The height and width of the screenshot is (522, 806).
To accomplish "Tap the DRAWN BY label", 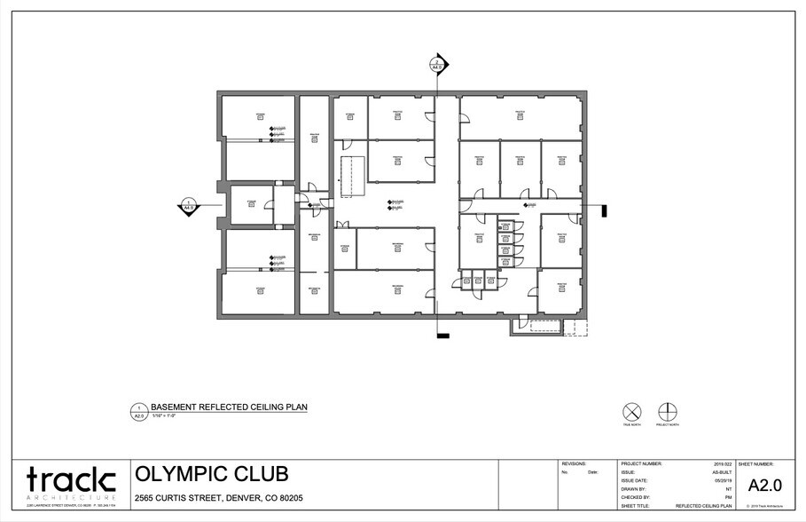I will point(635,489).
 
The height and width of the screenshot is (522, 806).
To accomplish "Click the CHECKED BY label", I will point(638,497).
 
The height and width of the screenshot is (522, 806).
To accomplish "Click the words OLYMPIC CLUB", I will point(211,474).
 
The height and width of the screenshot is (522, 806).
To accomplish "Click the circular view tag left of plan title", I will point(138,410).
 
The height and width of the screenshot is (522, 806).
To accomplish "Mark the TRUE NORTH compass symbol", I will point(632,412).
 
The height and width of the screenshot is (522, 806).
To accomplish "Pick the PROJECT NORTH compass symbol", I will point(667,412).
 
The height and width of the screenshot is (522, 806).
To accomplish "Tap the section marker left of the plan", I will point(188,206).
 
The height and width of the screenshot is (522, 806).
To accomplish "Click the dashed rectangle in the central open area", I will point(354,174).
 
